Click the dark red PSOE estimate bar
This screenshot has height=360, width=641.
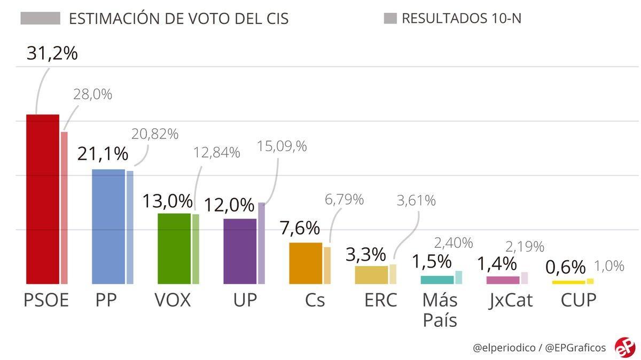pos(43,199)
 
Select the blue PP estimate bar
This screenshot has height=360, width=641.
pos(108,226)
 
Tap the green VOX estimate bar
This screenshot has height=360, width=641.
pos(174,248)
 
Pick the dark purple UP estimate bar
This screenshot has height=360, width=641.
pos(240,251)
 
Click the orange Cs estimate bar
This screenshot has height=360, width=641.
pos(306,263)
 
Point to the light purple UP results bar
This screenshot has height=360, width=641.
pos(261,243)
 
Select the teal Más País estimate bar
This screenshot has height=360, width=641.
pos(437,280)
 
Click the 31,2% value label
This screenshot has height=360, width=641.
pos(52,53)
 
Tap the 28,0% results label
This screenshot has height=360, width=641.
pos(92,95)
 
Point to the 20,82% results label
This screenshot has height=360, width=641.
pos(155,134)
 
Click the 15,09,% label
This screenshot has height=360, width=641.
pos(282,146)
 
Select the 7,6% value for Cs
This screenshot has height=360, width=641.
pos(300,228)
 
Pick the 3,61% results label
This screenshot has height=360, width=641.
pos(416,201)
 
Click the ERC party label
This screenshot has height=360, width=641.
pos(380,300)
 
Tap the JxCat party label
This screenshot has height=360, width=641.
pos(510,300)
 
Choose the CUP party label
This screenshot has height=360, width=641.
pos(578,300)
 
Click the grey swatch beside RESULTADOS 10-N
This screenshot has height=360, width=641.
pos(390,19)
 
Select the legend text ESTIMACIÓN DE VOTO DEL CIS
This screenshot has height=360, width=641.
pos(178,19)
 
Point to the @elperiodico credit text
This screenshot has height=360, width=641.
pos(504,348)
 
